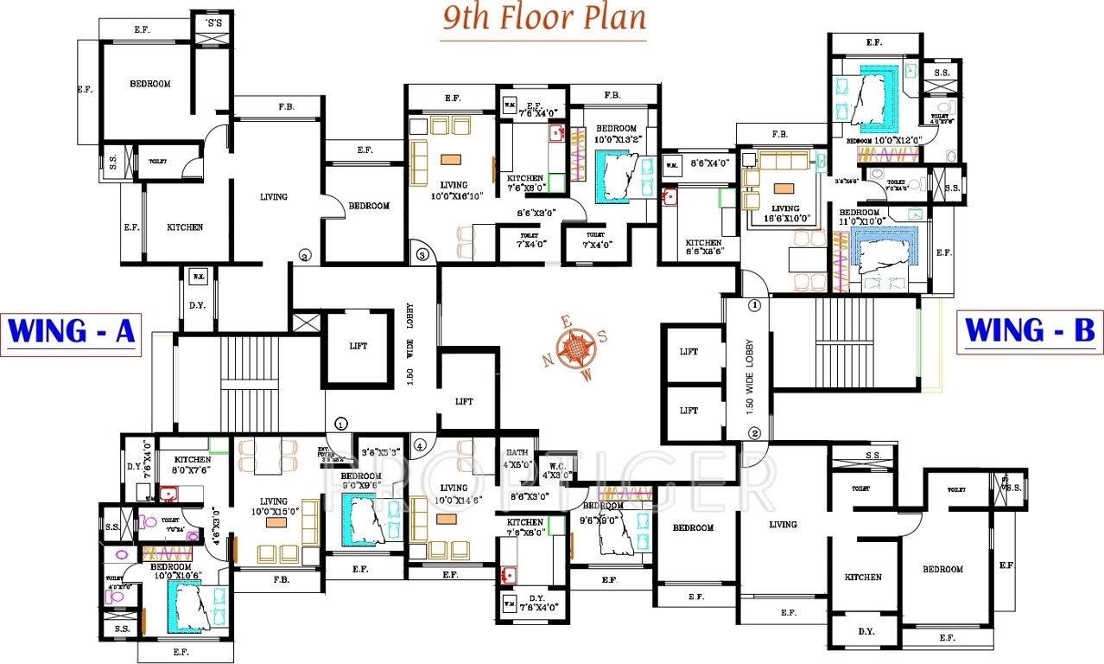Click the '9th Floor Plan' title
[544, 18]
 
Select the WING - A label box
[71, 332]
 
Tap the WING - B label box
[1030, 331]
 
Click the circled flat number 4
[420, 446]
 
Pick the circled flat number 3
[422, 255]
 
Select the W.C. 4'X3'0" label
[556, 469]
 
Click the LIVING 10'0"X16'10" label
[453, 190]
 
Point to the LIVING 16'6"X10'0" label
[786, 214]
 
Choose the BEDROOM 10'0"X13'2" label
[616, 133]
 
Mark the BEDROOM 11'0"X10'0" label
[860, 217]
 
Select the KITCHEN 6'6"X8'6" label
[704, 248]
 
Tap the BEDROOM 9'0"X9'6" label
[360, 481]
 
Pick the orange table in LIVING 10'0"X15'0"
[276, 523]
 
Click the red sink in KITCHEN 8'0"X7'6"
[168, 495]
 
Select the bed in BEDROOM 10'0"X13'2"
[620, 176]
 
